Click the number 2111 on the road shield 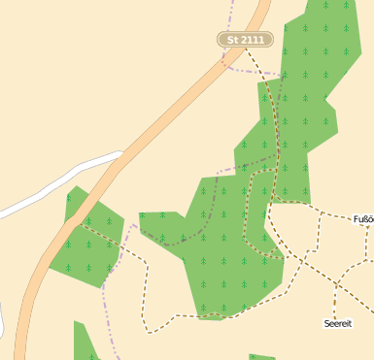[252, 40]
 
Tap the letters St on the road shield [232, 40]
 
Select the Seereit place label [337, 322]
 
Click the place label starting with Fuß [363, 219]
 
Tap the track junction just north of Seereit [336, 283]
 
